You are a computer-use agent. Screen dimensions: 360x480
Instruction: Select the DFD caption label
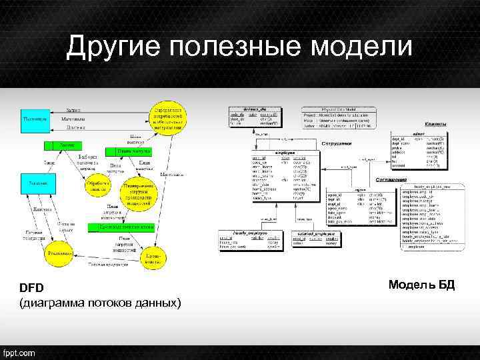pyautogui.click(x=31, y=288)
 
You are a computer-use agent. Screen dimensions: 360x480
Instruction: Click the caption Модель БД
pyautogui.click(x=421, y=285)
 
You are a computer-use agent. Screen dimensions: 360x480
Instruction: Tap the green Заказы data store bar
pyautogui.click(x=67, y=145)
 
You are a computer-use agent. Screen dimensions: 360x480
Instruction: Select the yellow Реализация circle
pyautogui.click(x=59, y=254)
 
